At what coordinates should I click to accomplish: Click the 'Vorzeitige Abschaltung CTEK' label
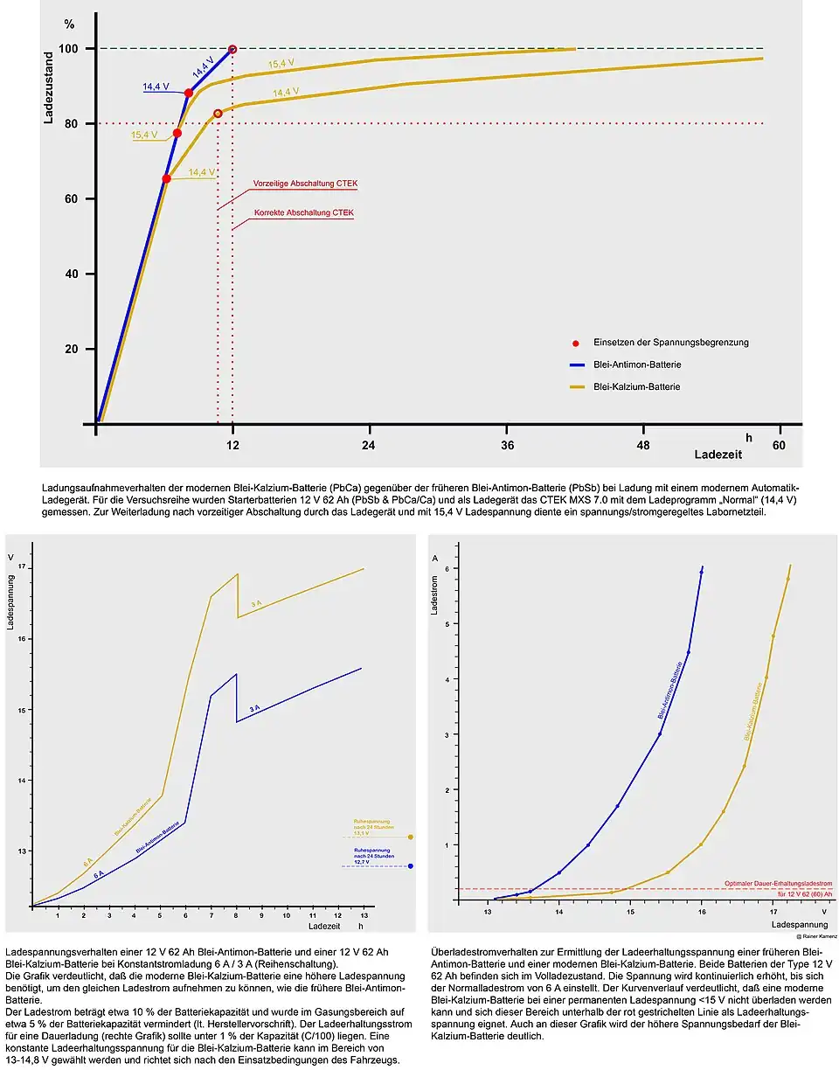[x=305, y=184]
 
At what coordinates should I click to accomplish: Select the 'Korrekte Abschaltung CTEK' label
[x=304, y=212]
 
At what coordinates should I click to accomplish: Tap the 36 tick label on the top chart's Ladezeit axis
[x=507, y=445]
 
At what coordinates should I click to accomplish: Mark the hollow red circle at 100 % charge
[x=232, y=49]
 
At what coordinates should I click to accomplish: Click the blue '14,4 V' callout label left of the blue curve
[x=156, y=87]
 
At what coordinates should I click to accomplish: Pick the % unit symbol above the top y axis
[x=69, y=24]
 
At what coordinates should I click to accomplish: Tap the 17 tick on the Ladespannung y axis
[x=22, y=568]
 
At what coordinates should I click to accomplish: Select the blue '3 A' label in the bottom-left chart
[x=254, y=708]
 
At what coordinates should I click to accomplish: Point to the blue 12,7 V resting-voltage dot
[x=411, y=866]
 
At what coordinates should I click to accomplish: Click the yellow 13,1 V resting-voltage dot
[x=411, y=837]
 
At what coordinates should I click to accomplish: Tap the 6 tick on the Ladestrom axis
[x=446, y=569]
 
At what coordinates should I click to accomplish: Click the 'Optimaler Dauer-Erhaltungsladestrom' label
[x=778, y=883]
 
